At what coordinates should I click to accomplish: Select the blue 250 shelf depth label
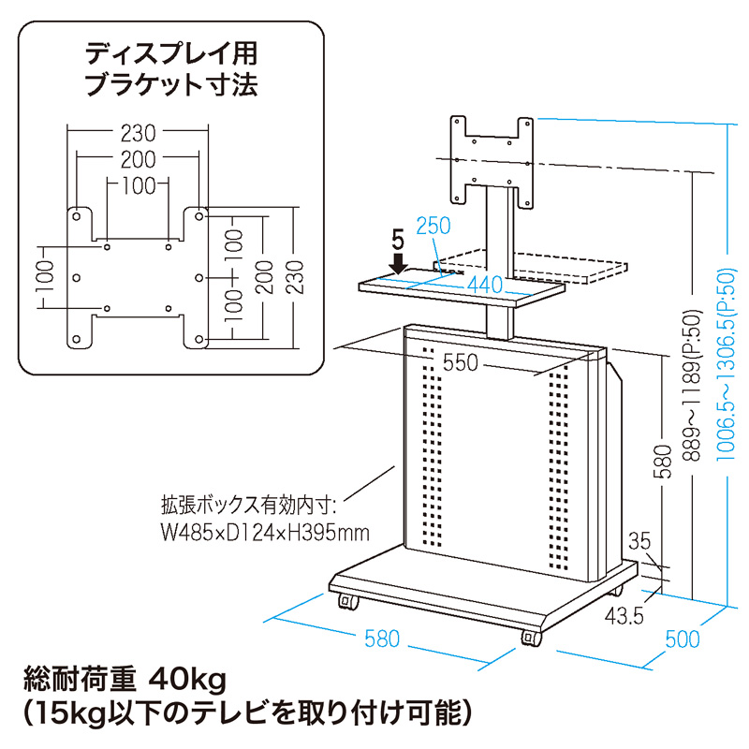click(433, 226)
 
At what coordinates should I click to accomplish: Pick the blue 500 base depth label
click(682, 639)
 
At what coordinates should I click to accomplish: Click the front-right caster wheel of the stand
click(531, 639)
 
